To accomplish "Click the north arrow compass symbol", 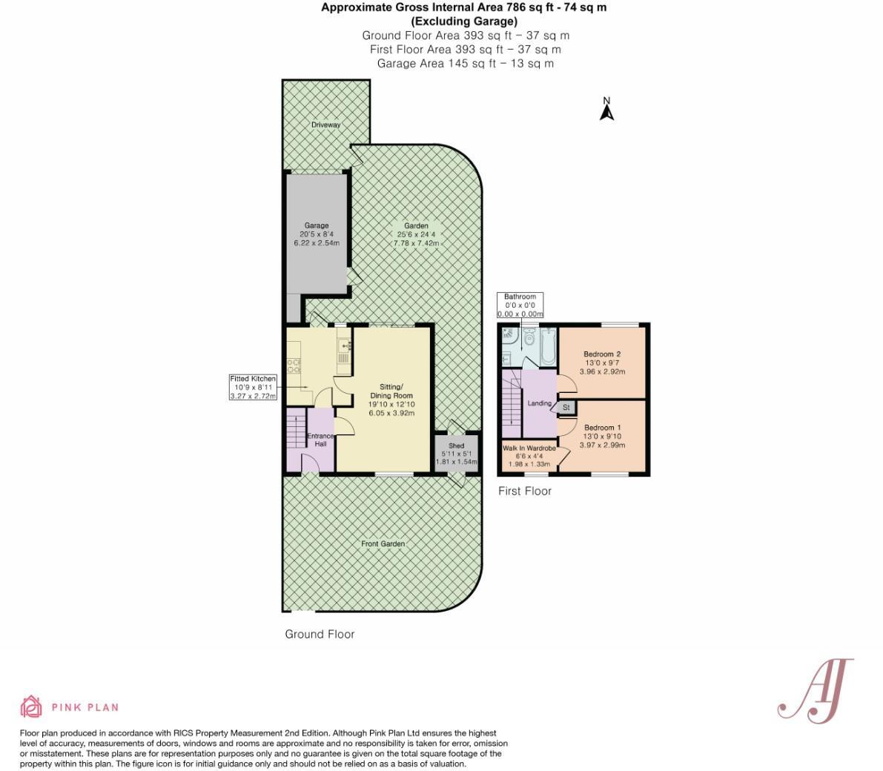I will coord(606,110).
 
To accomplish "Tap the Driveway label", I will coord(325,125).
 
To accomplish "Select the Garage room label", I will coord(317,226).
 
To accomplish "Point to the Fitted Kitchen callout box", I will coord(253,388).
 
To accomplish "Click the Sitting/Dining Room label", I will coord(391,391).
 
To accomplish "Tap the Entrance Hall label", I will coord(320,440).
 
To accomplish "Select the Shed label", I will coord(456,446).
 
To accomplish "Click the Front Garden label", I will coord(383,544).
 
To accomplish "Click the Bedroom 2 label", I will coord(602,354).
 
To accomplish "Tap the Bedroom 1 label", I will coord(602,428).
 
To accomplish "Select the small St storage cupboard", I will coord(566,408).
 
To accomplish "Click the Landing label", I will coord(538,403).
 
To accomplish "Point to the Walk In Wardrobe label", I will coord(529,449).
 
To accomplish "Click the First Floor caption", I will coord(524,491).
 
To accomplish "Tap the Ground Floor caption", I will coord(320,634).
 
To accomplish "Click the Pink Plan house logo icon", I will coord(31,707).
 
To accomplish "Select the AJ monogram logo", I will coord(816,689).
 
